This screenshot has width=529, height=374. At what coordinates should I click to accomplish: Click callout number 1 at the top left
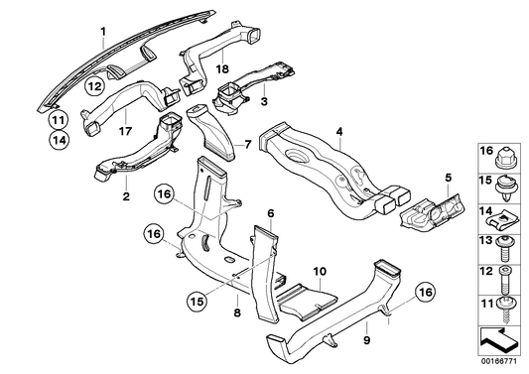click(101, 33)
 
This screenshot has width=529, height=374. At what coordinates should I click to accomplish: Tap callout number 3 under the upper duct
click(265, 101)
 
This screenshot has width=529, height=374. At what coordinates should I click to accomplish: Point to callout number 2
click(127, 196)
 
